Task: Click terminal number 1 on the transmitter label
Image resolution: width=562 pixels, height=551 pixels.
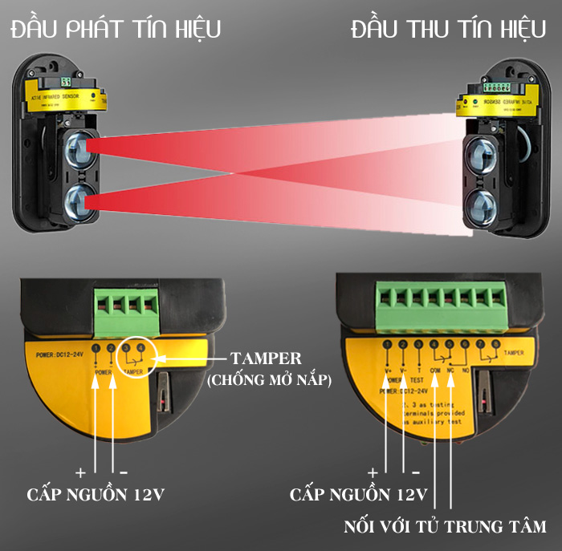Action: coord(96,348)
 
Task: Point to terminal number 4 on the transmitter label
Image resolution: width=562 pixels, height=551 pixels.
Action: coord(142,347)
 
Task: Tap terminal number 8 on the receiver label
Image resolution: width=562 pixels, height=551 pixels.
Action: coord(496,346)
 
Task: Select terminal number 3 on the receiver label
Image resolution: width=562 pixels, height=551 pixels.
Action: coord(418,346)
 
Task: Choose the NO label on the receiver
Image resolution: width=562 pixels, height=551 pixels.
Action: coord(467,371)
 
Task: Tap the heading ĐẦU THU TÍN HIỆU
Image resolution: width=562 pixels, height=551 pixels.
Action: coord(448,30)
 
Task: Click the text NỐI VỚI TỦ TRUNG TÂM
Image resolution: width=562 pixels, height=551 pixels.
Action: coord(444,527)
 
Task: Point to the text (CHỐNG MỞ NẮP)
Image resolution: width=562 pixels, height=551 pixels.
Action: coord(269,381)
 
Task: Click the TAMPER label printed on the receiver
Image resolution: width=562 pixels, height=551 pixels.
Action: coord(515,353)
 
